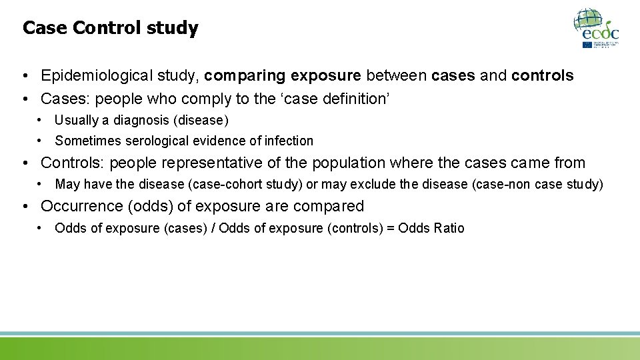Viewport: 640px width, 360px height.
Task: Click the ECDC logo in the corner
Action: point(597,28)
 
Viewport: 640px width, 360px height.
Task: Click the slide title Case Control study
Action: point(110,28)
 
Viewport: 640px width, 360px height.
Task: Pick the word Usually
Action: point(76,121)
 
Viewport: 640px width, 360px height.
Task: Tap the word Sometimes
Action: point(87,141)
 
